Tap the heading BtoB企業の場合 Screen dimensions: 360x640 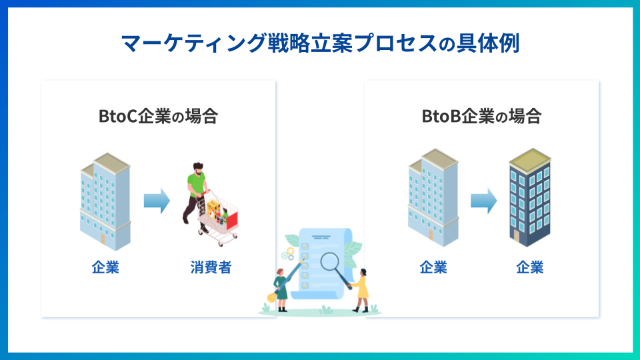[481, 116]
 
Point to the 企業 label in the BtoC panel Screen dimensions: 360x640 [105, 268]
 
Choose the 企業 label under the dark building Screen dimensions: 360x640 [530, 268]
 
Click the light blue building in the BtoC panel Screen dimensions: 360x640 [105, 200]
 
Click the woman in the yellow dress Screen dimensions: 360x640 [361, 289]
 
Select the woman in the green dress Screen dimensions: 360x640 [281, 289]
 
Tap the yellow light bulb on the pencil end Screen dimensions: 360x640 [271, 297]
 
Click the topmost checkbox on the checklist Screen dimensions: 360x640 [305, 246]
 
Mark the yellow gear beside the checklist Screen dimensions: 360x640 [290, 251]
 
